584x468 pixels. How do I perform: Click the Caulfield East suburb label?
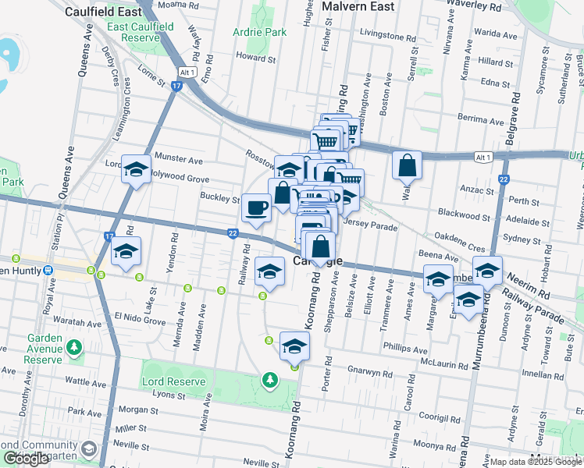click(103, 12)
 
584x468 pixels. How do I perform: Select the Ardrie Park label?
click(260, 33)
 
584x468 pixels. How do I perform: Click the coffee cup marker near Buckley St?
click(256, 207)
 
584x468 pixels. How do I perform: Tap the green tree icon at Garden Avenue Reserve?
click(74, 346)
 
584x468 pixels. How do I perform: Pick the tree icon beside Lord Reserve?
click(269, 380)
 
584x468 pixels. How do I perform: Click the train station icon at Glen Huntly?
click(49, 270)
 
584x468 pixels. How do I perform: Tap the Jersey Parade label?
click(374, 227)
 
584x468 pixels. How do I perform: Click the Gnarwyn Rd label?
click(369, 372)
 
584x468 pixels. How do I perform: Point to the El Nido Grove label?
click(140, 321)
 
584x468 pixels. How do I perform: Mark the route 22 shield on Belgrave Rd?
click(504, 179)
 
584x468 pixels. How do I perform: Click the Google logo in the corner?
click(26, 458)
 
